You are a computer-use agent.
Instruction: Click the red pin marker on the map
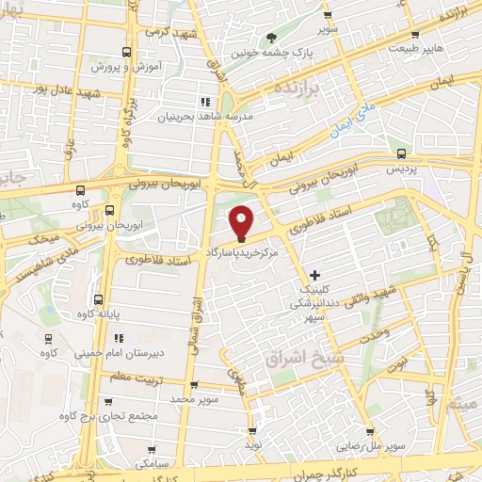tap(242, 222)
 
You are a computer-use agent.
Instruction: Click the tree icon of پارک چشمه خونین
tap(272, 38)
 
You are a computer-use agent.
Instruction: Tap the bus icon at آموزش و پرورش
tap(127, 53)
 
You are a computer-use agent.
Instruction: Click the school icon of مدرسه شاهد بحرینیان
tap(204, 101)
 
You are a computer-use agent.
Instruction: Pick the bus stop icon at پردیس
tap(402, 153)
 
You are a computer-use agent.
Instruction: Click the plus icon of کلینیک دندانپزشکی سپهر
tap(314, 274)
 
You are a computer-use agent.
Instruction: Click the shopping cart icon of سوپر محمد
tap(193, 385)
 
